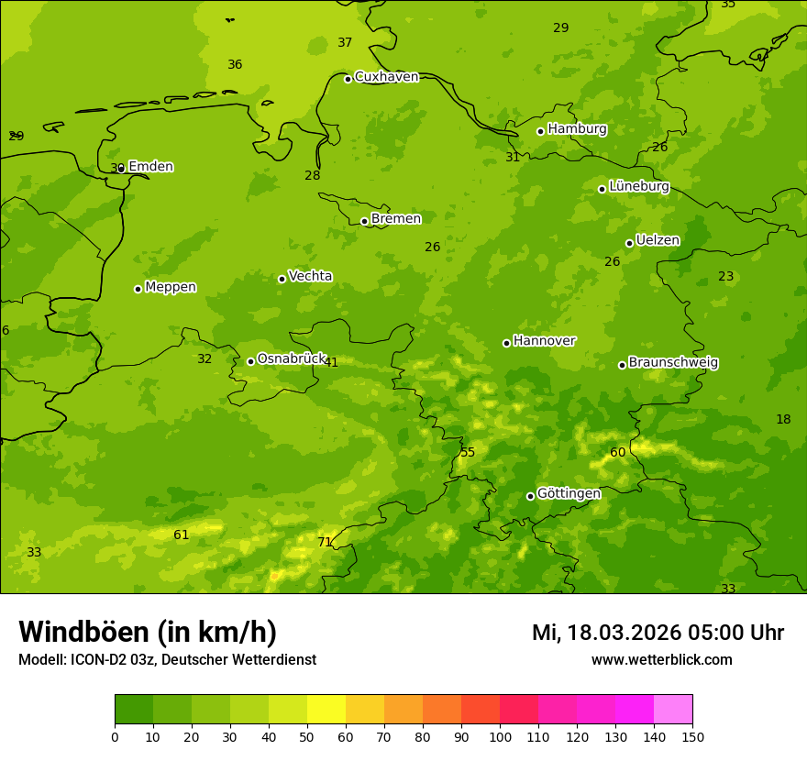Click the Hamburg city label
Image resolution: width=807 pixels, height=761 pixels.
(577, 129)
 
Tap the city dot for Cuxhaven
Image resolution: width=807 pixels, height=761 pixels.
(348, 79)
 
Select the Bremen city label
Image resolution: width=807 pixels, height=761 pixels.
(395, 219)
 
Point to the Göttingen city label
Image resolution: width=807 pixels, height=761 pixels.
(569, 494)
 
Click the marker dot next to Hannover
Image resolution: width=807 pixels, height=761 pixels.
(506, 343)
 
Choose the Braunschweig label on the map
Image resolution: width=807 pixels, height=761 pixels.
(673, 363)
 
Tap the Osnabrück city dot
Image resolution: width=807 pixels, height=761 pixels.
(250, 361)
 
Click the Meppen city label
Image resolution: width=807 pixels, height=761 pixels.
(171, 287)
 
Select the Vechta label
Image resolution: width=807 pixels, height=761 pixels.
(310, 276)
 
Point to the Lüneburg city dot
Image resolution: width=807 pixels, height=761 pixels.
(602, 189)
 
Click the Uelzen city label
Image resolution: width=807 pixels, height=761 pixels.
(658, 241)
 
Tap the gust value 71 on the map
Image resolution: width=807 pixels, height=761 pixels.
(325, 542)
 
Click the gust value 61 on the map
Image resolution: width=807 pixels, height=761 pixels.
(182, 535)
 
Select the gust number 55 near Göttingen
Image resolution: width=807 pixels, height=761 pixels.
(468, 452)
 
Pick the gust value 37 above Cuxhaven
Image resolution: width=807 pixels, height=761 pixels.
(345, 42)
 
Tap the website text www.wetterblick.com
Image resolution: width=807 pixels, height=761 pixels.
(661, 659)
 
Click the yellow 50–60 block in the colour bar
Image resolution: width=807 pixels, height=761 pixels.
(326, 709)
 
